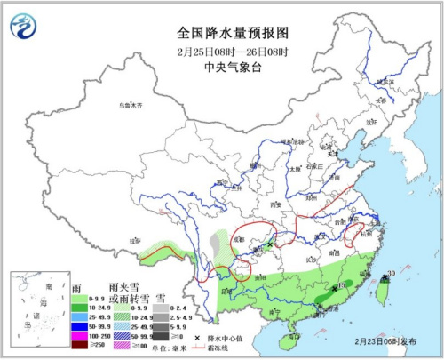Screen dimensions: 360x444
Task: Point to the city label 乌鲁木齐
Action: pos(131,105)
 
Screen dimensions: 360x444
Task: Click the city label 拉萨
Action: pos(135,240)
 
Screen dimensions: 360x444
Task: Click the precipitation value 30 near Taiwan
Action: pos(392,274)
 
